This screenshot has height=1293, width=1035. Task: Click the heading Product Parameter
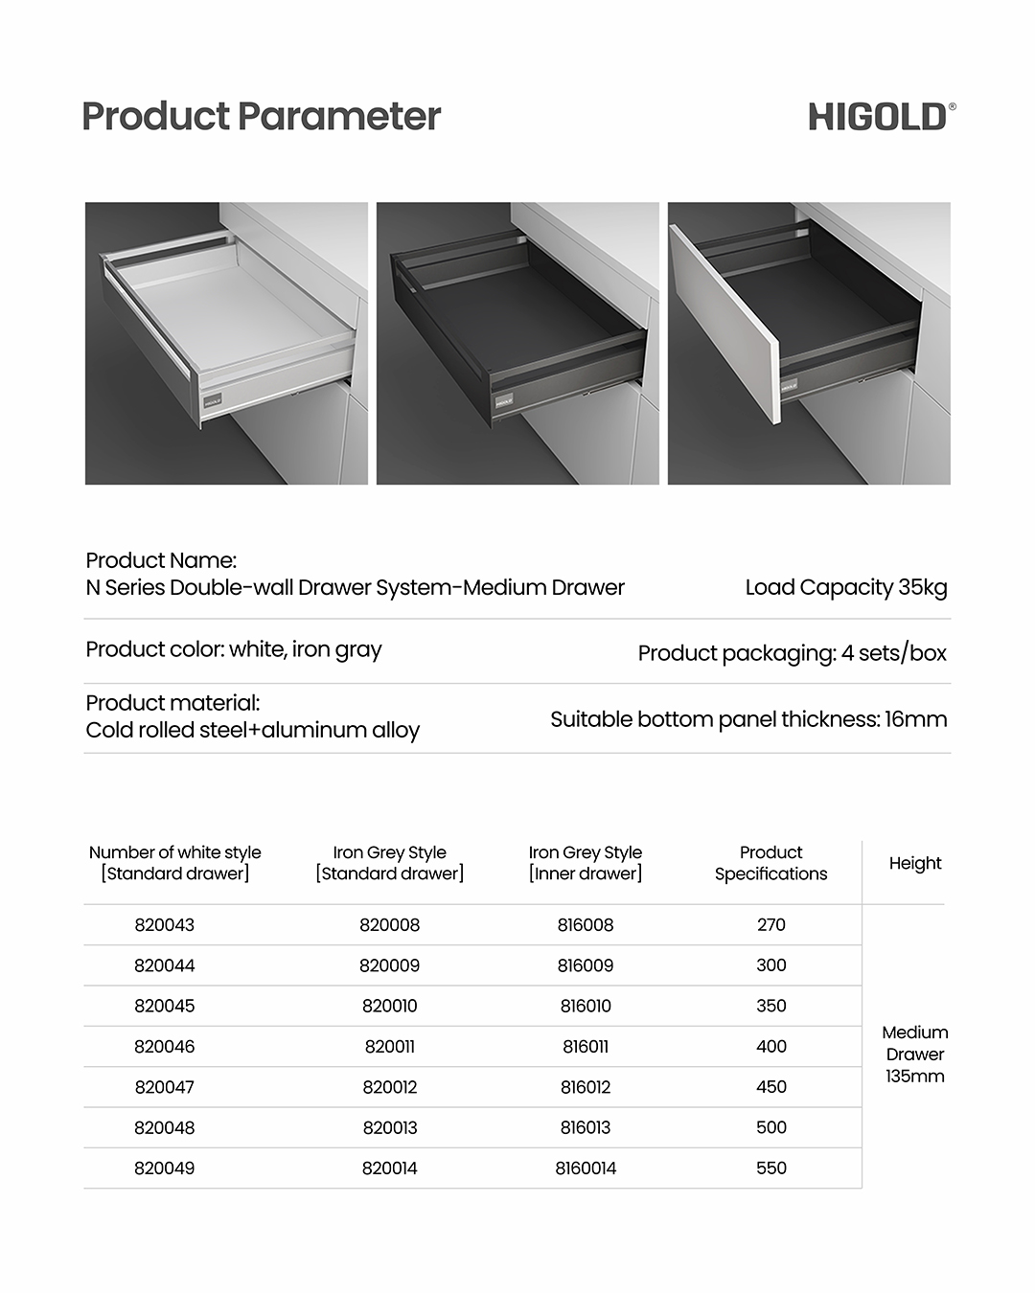pyautogui.click(x=261, y=117)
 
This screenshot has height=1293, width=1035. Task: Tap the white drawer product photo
pyautogui.click(x=226, y=343)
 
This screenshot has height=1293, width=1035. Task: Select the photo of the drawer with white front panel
pyautogui.click(x=809, y=343)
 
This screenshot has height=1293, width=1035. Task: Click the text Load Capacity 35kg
pyautogui.click(x=846, y=587)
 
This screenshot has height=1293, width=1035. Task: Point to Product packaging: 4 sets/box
pyautogui.click(x=792, y=653)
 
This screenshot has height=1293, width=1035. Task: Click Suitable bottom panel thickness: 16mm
pyautogui.click(x=748, y=719)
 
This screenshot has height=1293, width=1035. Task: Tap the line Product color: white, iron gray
pyautogui.click(x=234, y=649)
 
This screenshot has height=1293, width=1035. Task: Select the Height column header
pyautogui.click(x=915, y=863)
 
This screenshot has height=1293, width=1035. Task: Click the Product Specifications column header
pyautogui.click(x=770, y=863)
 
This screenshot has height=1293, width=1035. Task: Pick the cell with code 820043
pyautogui.click(x=165, y=925)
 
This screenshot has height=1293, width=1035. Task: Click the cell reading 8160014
pyautogui.click(x=586, y=1168)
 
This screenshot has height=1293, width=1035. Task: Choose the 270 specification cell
pyautogui.click(x=770, y=925)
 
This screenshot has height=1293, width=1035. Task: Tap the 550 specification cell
pyautogui.click(x=770, y=1168)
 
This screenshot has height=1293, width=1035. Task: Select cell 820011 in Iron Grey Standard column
pyautogui.click(x=389, y=1047)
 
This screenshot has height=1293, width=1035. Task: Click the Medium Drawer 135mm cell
pyautogui.click(x=915, y=1054)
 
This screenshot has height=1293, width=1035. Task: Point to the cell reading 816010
pyautogui.click(x=586, y=1006)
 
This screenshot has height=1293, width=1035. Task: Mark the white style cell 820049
pyautogui.click(x=165, y=1168)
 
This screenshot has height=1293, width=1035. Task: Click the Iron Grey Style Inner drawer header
pyautogui.click(x=586, y=863)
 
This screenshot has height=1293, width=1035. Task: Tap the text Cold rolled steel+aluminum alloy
pyautogui.click(x=253, y=730)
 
